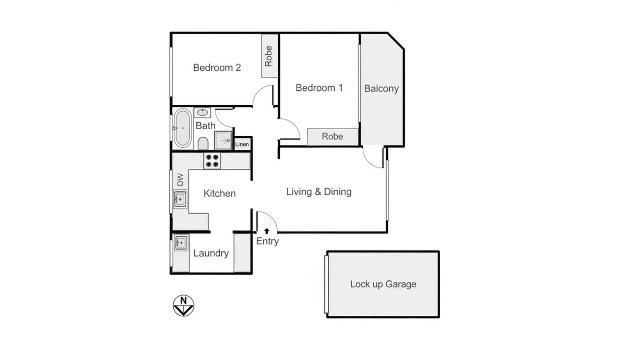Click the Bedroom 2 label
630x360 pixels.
(x=217, y=68)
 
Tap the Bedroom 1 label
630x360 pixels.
(x=319, y=88)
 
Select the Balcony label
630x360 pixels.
(x=381, y=89)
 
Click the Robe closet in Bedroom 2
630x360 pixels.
(x=269, y=56)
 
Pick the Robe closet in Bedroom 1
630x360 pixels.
(x=332, y=137)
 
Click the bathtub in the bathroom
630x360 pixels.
(x=182, y=128)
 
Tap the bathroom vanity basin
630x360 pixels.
(x=202, y=112)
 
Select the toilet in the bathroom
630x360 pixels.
(x=203, y=144)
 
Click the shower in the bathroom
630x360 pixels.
(x=223, y=140)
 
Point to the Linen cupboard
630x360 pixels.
(x=242, y=144)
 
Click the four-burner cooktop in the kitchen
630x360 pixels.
(x=212, y=161)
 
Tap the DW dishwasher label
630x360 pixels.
(x=180, y=180)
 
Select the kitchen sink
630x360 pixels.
(x=180, y=199)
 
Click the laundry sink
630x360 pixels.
(x=181, y=243)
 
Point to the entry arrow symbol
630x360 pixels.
(x=267, y=231)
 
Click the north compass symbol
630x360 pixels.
(x=183, y=306)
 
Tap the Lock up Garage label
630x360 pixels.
(x=383, y=284)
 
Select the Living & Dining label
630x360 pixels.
(x=319, y=192)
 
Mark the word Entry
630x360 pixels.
(x=267, y=241)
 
